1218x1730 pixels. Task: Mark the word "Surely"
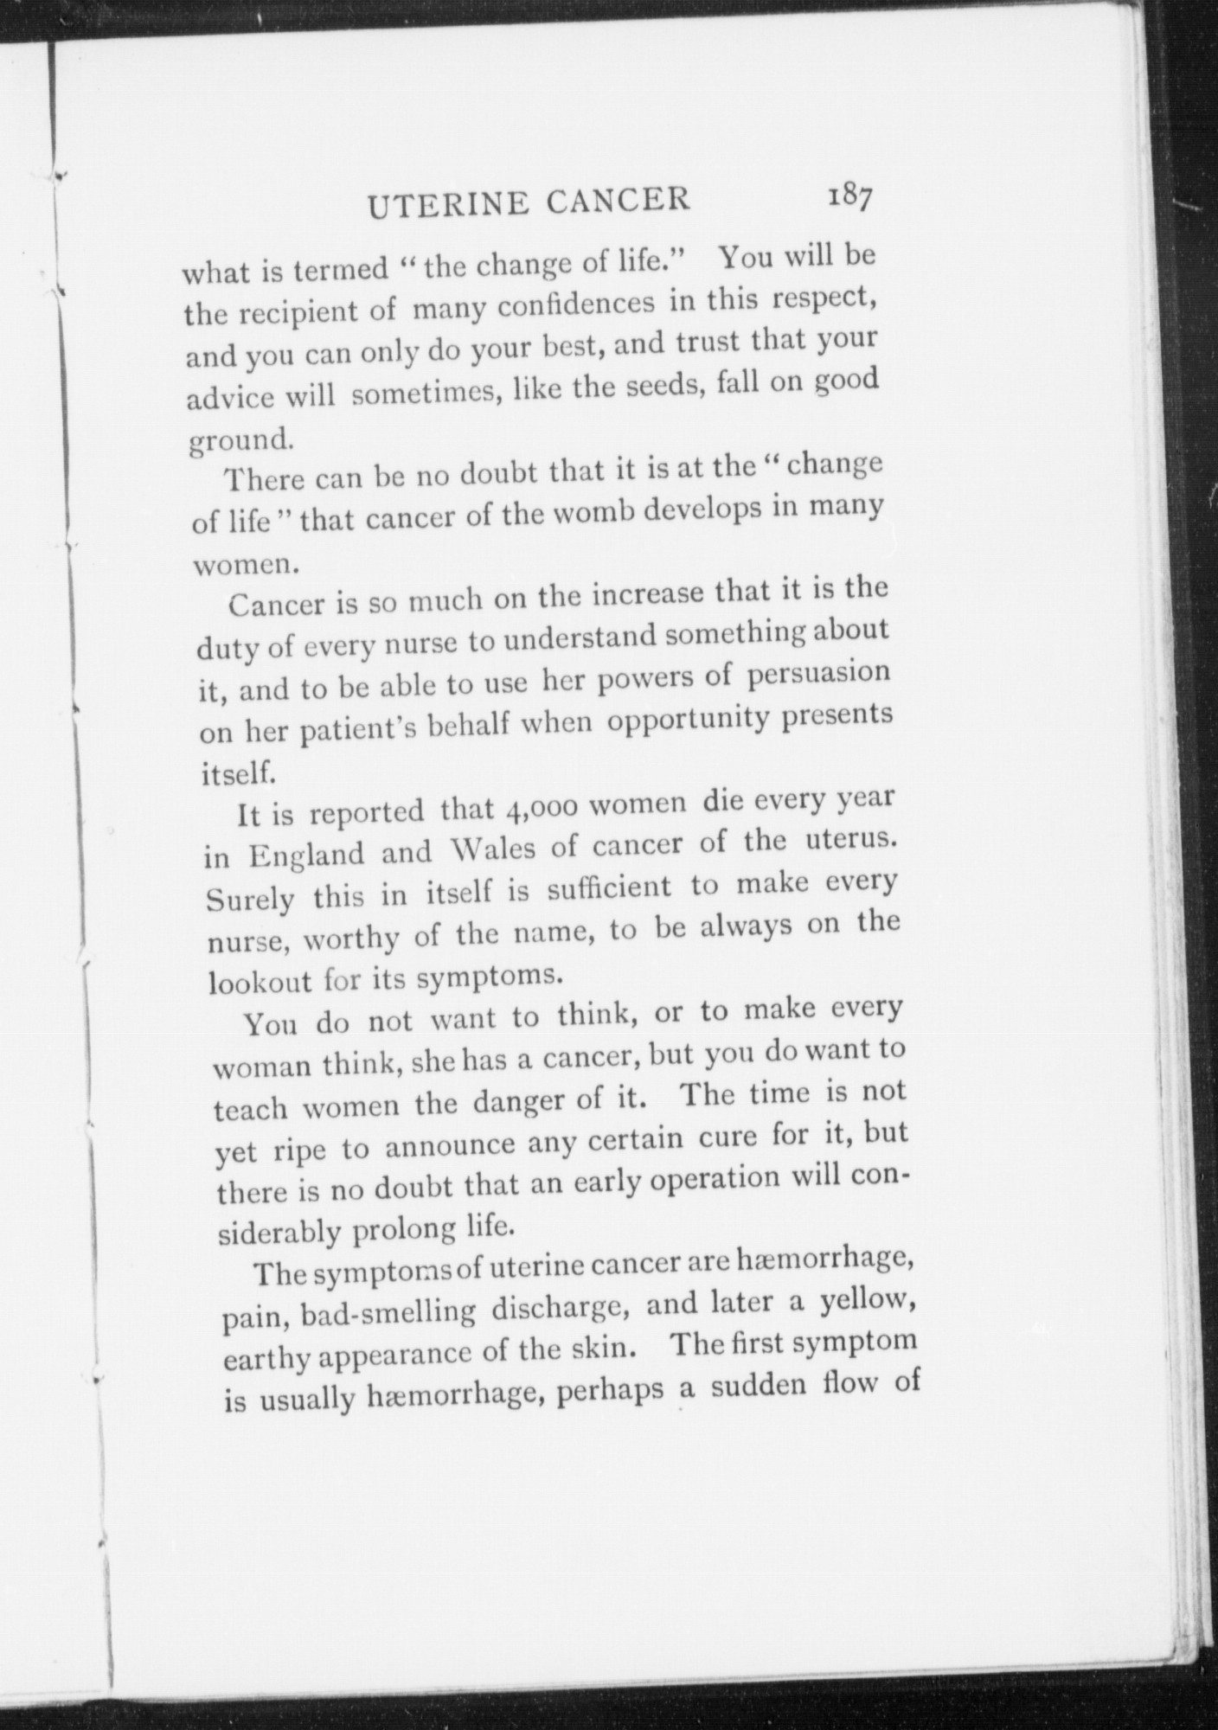click(x=250, y=899)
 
